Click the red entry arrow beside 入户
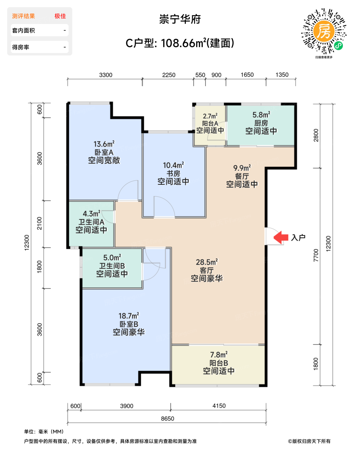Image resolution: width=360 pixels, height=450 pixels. tap(281, 237)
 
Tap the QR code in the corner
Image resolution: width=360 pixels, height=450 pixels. tap(324, 32)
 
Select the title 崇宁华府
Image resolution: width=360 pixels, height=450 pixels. tap(180, 19)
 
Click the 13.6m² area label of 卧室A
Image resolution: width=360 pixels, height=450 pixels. tap(104, 144)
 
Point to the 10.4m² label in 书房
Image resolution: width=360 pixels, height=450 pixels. tap(174, 165)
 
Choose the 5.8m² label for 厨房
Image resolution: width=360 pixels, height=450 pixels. tap(261, 115)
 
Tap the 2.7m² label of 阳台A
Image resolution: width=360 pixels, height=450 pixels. tap(210, 116)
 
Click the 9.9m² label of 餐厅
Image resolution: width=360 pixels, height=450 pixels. tap(242, 168)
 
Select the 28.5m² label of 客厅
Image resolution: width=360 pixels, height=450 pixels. tap(207, 262)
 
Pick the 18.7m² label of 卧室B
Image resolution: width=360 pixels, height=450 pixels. tap(129, 316)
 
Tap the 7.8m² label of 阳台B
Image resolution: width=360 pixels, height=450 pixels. tap(219, 355)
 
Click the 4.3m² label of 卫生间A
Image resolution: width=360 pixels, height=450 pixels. tap(91, 213)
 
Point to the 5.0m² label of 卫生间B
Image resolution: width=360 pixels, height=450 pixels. tap(112, 257)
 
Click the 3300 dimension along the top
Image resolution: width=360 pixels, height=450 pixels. tap(106, 75)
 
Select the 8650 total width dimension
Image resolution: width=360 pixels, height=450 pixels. tap(167, 419)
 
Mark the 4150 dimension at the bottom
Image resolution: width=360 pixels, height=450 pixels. tap(219, 406)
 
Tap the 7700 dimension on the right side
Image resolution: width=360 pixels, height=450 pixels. tap(316, 255)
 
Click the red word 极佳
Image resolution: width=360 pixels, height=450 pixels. tap(60, 16)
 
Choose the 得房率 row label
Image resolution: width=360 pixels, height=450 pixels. tap(21, 47)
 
